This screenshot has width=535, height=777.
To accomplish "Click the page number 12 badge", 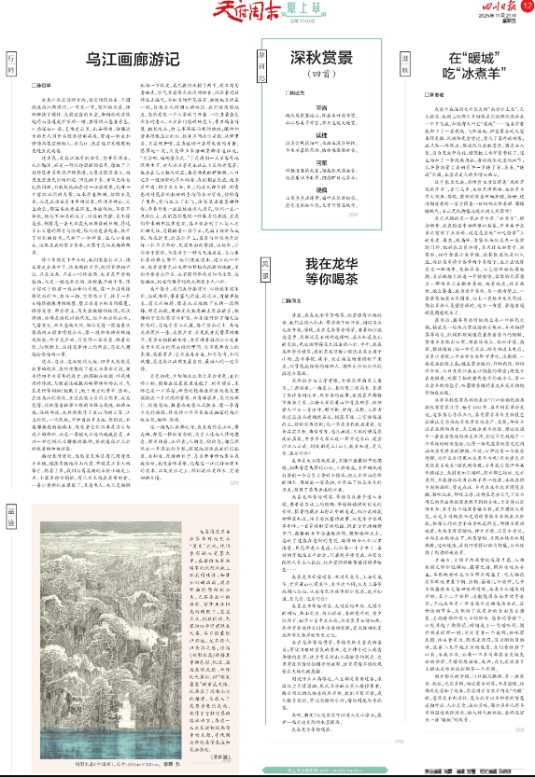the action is coord(527,7).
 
